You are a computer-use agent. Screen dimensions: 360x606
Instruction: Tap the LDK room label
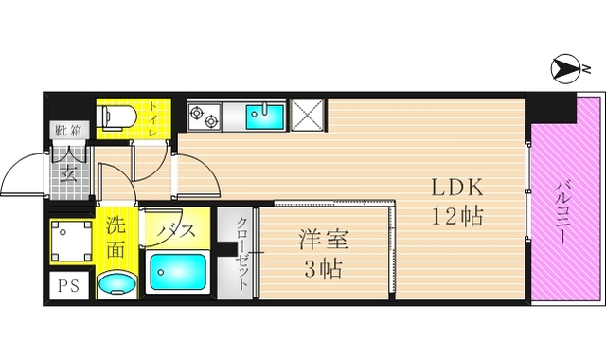(x=458, y=186)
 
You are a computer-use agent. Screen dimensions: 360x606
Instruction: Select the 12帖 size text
(x=458, y=216)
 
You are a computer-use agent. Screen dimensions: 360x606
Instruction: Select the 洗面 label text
(x=116, y=238)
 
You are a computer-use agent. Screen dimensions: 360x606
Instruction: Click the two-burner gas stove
(x=205, y=117)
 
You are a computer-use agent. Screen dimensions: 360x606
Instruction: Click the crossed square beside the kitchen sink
(x=308, y=115)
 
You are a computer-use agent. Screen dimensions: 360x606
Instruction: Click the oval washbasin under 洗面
(x=117, y=282)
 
